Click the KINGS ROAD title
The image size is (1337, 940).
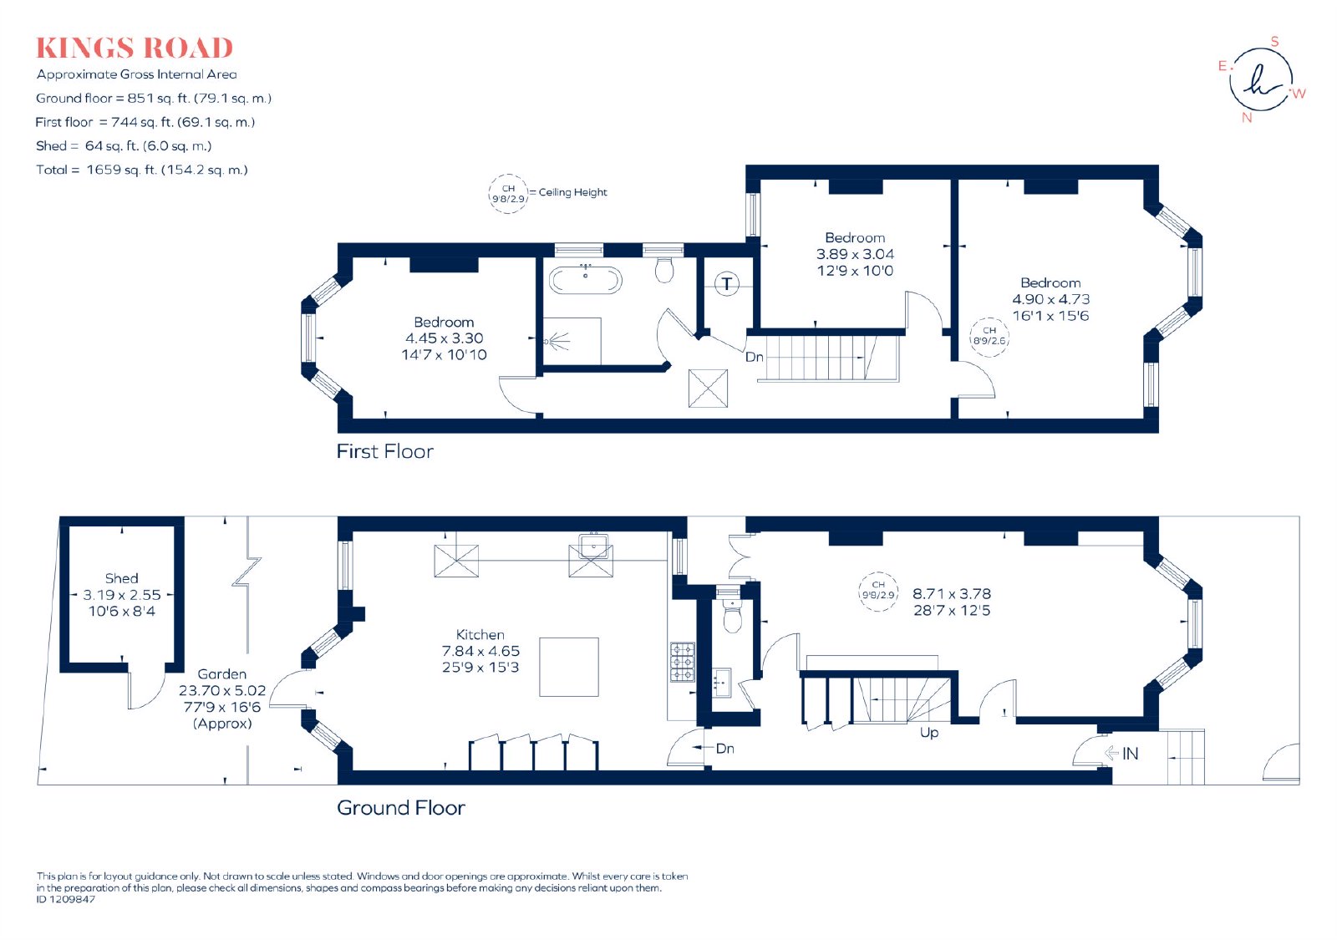pyautogui.click(x=135, y=48)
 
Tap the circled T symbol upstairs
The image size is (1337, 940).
pyautogui.click(x=726, y=283)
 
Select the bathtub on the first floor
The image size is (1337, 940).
pyautogui.click(x=585, y=280)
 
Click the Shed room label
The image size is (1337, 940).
pyautogui.click(x=122, y=578)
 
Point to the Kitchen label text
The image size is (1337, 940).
pyautogui.click(x=480, y=634)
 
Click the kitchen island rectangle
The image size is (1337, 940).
pyautogui.click(x=569, y=667)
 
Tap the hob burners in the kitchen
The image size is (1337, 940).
pyautogui.click(x=682, y=662)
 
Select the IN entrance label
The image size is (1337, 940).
pyautogui.click(x=1130, y=754)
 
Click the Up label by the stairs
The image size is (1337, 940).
pyautogui.click(x=929, y=732)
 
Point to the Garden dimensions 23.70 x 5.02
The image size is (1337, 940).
pyautogui.click(x=222, y=690)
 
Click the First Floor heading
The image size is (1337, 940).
pyautogui.click(x=385, y=451)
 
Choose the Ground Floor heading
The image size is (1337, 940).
pyautogui.click(x=401, y=807)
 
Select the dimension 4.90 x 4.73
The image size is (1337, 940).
pyautogui.click(x=1050, y=299)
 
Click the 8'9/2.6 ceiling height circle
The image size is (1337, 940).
pyautogui.click(x=989, y=337)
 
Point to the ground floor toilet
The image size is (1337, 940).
pyautogui.click(x=732, y=615)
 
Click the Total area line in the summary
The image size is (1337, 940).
pyautogui.click(x=142, y=170)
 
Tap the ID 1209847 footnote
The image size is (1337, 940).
pyautogui.click(x=66, y=899)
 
